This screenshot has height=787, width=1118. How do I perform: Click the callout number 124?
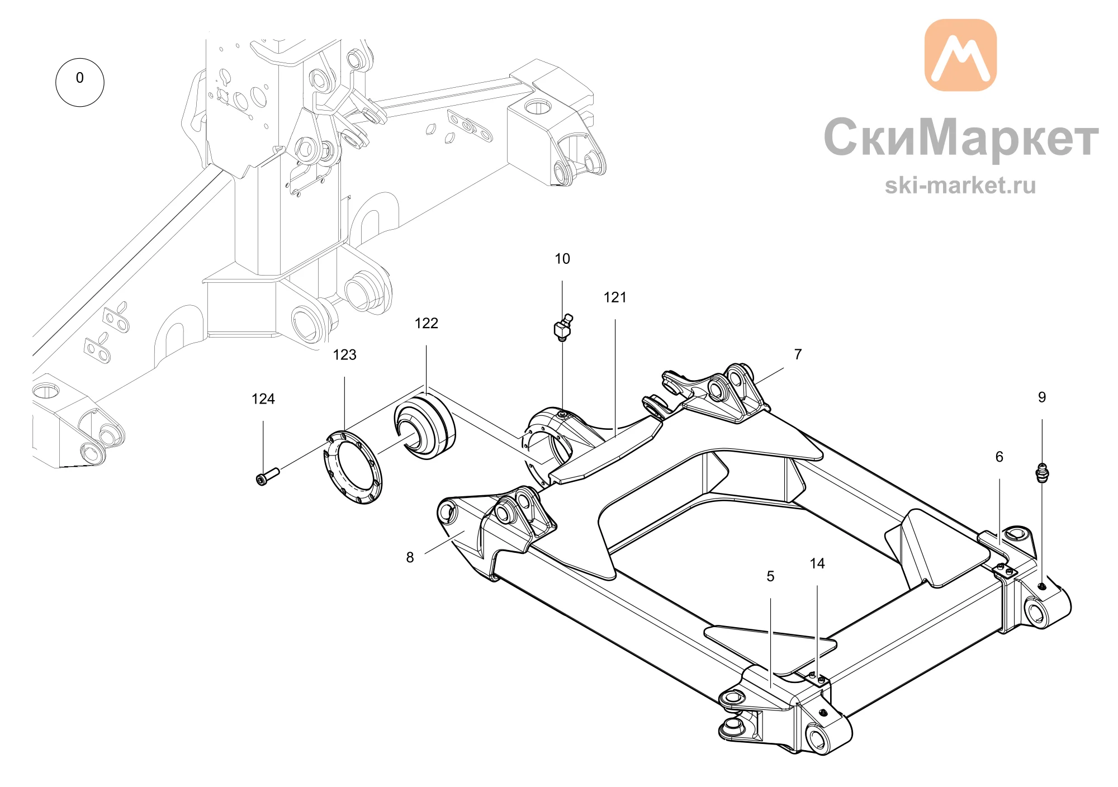(x=263, y=399)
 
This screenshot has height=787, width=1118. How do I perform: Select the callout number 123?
(x=344, y=355)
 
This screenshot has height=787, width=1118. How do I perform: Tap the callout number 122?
(x=427, y=323)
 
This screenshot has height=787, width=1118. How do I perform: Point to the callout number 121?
(x=615, y=297)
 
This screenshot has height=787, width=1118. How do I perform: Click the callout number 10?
(x=562, y=259)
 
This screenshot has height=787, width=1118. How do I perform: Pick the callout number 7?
(x=798, y=354)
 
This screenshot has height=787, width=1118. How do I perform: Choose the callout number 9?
(x=1042, y=397)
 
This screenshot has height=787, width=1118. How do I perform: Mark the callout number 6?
(x=999, y=457)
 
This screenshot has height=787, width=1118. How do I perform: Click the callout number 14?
(x=817, y=563)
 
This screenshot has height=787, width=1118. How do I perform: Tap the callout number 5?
(x=770, y=576)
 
